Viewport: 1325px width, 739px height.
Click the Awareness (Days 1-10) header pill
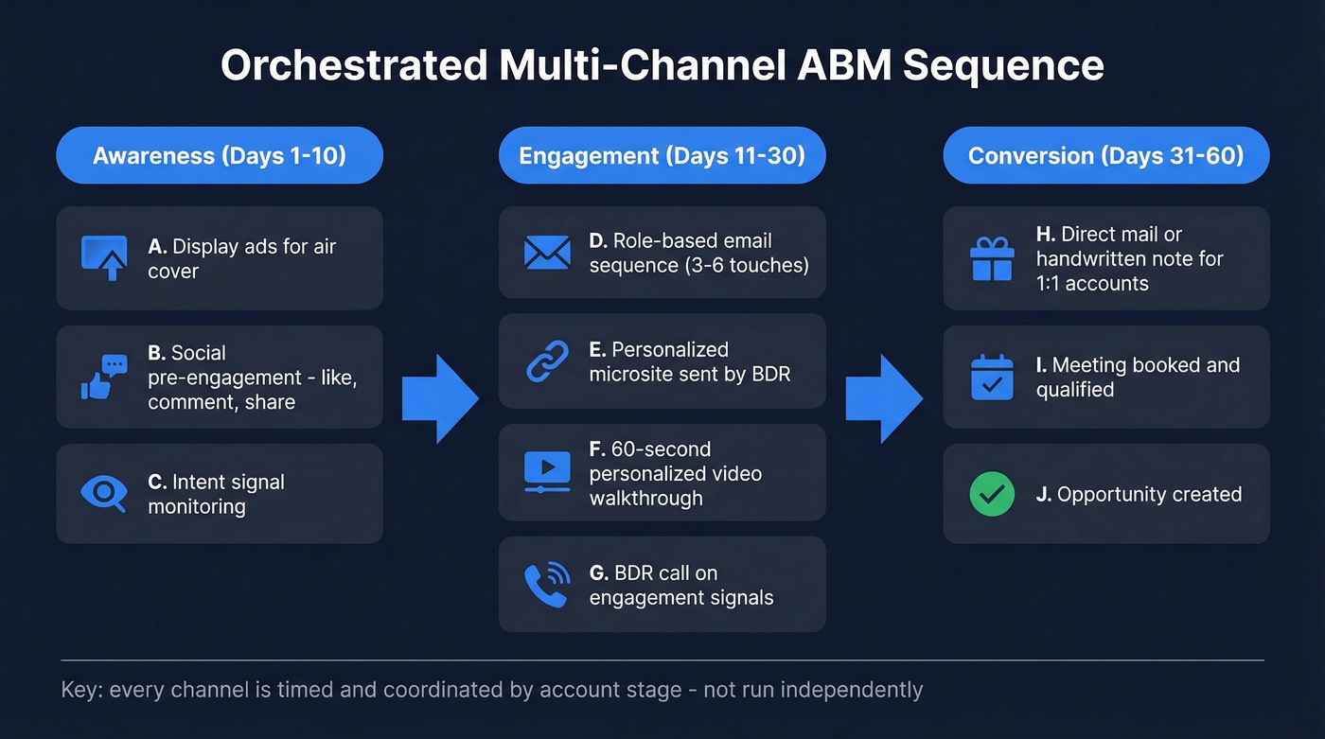tap(220, 155)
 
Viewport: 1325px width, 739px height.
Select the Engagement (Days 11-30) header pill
tap(662, 155)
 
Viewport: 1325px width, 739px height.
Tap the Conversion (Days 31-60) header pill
tap(1105, 155)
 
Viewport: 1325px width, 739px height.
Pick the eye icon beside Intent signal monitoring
tap(104, 493)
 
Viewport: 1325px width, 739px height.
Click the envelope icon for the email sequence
tap(547, 253)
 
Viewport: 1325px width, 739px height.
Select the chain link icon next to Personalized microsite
tap(547, 361)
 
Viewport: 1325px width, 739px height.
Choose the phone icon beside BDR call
tap(547, 584)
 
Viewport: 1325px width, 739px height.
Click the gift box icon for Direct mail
tap(992, 258)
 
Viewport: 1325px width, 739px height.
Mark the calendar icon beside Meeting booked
tap(992, 377)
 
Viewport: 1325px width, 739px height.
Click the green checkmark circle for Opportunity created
tap(992, 494)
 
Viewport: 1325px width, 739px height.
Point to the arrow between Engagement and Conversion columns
tap(883, 398)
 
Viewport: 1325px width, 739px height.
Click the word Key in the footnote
tap(79, 690)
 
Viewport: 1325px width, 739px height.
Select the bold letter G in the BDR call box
tap(597, 573)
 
